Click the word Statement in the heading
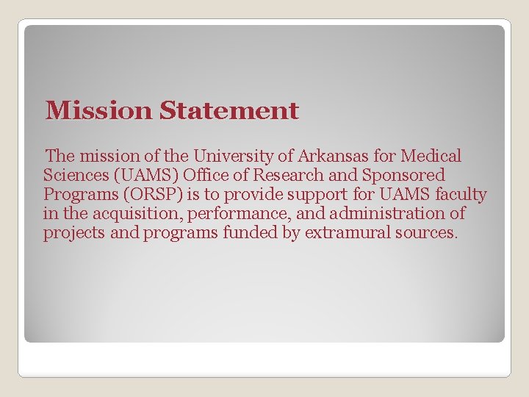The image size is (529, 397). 229,111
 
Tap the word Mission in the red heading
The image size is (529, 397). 98,111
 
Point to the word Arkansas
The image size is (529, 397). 316,157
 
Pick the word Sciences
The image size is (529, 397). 73,176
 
